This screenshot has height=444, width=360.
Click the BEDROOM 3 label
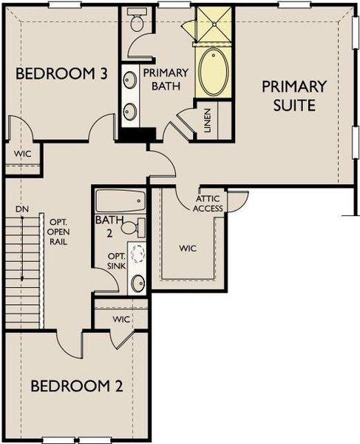click(x=62, y=74)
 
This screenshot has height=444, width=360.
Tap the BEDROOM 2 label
click(x=77, y=386)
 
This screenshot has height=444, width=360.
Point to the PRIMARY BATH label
click(x=166, y=79)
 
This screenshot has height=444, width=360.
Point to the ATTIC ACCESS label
click(x=208, y=203)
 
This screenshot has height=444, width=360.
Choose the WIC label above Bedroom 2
click(x=121, y=319)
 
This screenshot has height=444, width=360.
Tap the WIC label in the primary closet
click(x=187, y=249)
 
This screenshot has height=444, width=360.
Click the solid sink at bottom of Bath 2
click(x=137, y=282)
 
